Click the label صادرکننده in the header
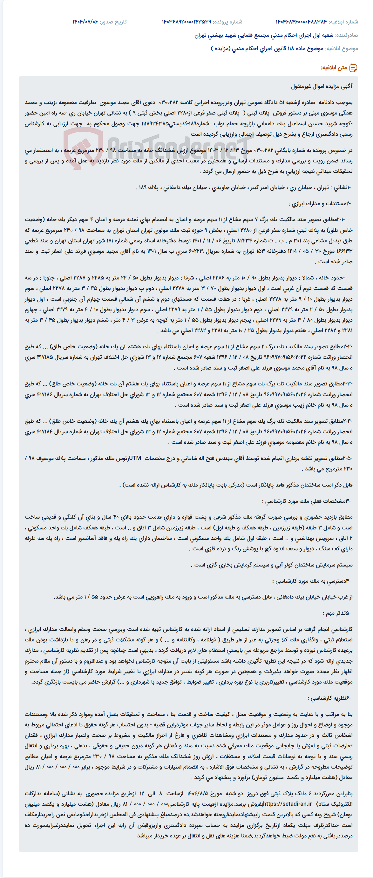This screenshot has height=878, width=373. pyautogui.click(x=346, y=35)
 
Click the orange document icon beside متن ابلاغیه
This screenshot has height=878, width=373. pyautogui.click(x=353, y=68)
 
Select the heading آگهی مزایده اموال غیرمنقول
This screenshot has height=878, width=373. pyautogui.click(x=322, y=86)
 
